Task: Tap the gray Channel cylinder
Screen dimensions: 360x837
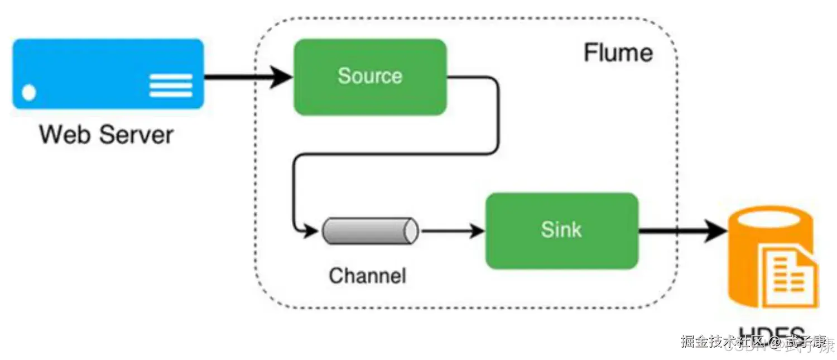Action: tap(370, 231)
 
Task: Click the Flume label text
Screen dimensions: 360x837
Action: tap(618, 53)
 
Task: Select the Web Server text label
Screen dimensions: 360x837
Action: tap(106, 135)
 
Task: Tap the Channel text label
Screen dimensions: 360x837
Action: tap(367, 275)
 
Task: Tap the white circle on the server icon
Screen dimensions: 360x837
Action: tap(28, 92)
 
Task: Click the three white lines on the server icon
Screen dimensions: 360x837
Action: tap(171, 85)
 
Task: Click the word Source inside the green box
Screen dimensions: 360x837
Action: tap(370, 76)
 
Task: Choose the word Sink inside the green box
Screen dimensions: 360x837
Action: tap(561, 229)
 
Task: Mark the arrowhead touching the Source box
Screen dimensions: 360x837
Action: tap(282, 78)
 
